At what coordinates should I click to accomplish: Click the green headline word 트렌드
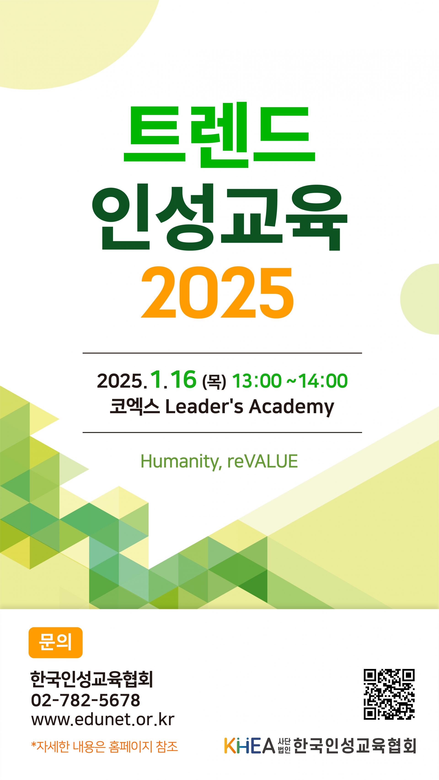pyautogui.click(x=219, y=135)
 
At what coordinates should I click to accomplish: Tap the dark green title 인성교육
pyautogui.click(x=220, y=217)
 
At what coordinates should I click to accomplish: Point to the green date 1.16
pyautogui.click(x=173, y=380)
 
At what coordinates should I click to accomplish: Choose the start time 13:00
pyautogui.click(x=257, y=381)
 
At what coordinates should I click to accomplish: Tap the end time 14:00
pyautogui.click(x=323, y=381)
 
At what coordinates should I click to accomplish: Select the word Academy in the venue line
pyautogui.click(x=292, y=407)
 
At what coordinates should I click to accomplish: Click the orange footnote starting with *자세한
pyautogui.click(x=104, y=746)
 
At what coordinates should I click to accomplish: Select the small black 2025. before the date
pyautogui.click(x=122, y=381)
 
